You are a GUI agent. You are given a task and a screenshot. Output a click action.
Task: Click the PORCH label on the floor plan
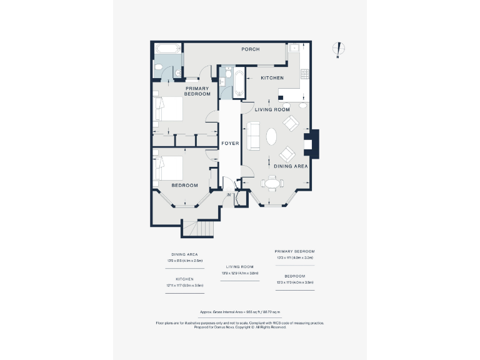pyautogui.click(x=251, y=49)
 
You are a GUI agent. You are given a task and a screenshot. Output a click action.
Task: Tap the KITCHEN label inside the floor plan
pyautogui.click(x=272, y=78)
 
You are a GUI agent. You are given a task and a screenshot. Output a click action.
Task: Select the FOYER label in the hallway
pyautogui.click(x=230, y=143)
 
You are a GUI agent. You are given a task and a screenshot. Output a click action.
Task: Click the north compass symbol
pyautogui.click(x=338, y=49)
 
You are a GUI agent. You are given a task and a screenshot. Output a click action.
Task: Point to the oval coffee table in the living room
pyautogui.click(x=271, y=136)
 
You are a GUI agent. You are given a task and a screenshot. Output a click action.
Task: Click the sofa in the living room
pyautogui.click(x=253, y=136)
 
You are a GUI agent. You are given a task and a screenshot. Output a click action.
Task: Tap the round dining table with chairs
pyautogui.click(x=271, y=183)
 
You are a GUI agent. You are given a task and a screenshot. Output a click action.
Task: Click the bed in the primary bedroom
pyautogui.click(x=168, y=109)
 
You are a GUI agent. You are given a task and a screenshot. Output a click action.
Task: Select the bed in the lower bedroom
pyautogui.click(x=168, y=167)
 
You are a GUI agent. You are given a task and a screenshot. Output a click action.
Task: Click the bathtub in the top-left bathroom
pyautogui.click(x=167, y=49)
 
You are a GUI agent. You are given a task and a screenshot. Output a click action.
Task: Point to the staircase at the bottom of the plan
pyautogui.click(x=199, y=229)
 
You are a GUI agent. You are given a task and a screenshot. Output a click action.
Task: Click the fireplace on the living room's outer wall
pyautogui.click(x=309, y=144)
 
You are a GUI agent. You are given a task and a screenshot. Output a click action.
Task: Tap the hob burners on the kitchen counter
pyautogui.click(x=305, y=74)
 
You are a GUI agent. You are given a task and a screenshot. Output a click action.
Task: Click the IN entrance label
pyautogui.click(x=229, y=195)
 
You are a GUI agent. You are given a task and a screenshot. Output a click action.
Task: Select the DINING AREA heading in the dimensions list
pyautogui.click(x=184, y=255)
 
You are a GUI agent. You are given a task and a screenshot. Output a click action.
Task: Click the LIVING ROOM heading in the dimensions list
pyautogui.click(x=239, y=267)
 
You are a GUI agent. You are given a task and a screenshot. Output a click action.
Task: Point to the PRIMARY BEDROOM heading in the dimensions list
pyautogui.click(x=295, y=251)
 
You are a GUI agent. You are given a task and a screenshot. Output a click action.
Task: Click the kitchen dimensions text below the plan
pyautogui.click(x=184, y=285)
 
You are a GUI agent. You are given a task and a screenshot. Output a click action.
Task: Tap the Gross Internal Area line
pyautogui.click(x=239, y=311)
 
